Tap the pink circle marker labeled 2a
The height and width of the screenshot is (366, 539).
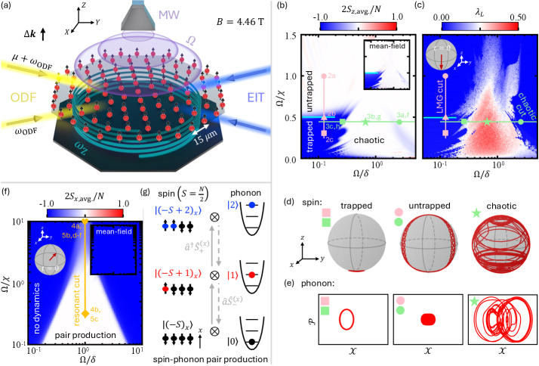click(323, 76)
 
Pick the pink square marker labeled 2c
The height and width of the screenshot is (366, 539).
click(323, 133)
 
